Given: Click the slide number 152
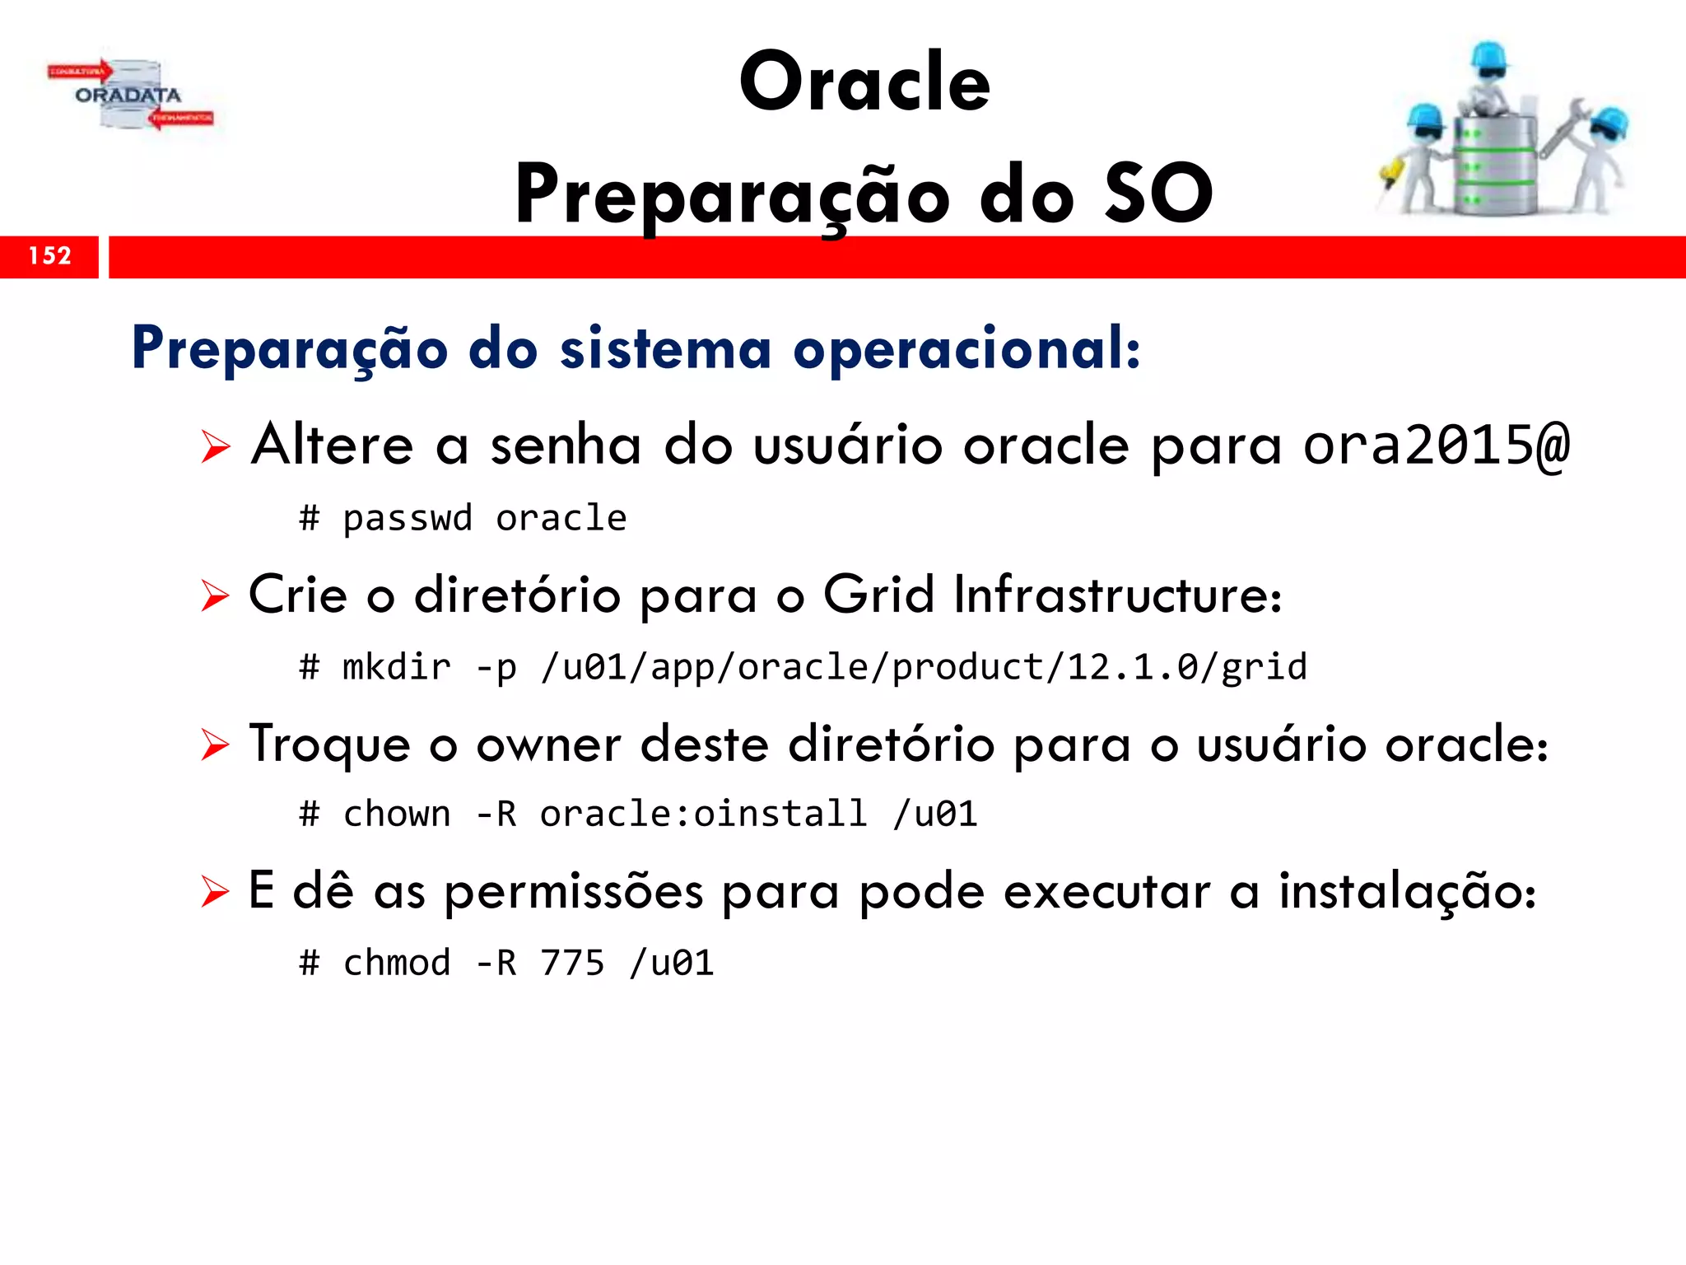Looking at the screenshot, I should (x=49, y=256).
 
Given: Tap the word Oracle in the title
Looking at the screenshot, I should (x=864, y=82).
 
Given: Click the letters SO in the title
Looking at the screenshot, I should (x=1158, y=194).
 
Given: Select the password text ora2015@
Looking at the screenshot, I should (x=1437, y=446).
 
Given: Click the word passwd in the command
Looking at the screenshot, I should (x=408, y=519).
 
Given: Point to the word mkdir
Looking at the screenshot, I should (x=397, y=667).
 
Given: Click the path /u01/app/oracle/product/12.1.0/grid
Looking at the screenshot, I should (x=924, y=667).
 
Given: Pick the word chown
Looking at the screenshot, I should (x=397, y=815).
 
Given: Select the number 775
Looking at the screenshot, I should (x=572, y=963).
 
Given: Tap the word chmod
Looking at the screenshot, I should (x=397, y=963).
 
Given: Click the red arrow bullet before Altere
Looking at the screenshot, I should (x=215, y=447).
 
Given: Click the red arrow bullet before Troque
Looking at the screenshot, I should (x=215, y=745).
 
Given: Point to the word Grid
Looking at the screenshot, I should (x=878, y=595).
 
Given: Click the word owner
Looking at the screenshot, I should (x=548, y=745).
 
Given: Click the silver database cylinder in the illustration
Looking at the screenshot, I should (x=1494, y=165).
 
